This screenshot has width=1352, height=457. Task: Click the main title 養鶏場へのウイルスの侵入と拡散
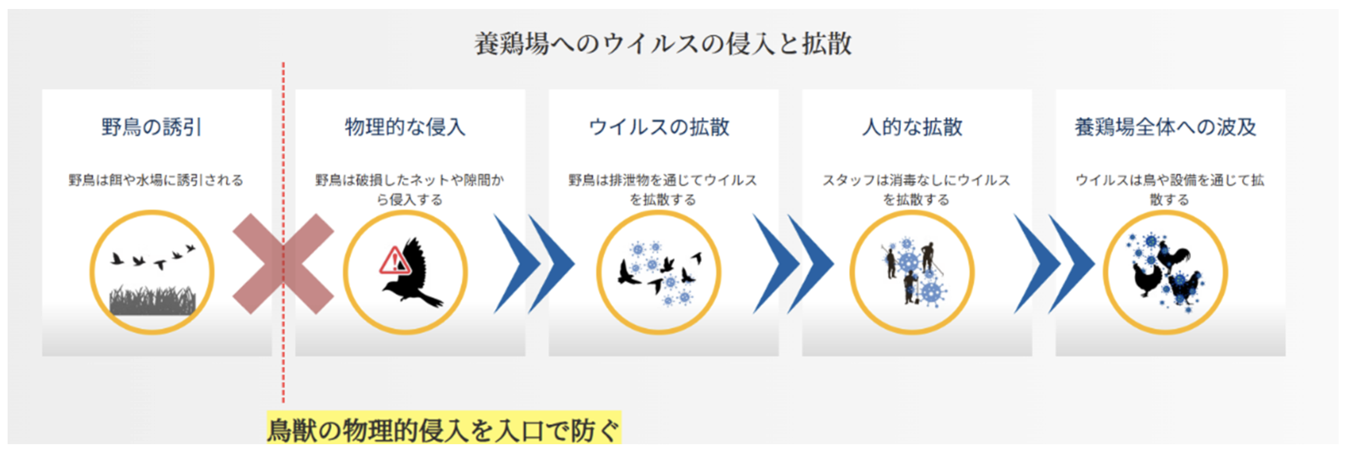pos(662,44)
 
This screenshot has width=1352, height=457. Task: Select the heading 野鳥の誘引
pos(151,127)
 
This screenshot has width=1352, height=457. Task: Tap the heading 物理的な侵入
pos(404,127)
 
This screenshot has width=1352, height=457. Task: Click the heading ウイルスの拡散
pos(659,127)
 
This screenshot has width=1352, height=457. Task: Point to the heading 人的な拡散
pos(912,127)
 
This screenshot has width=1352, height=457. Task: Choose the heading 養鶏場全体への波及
pos(1165,127)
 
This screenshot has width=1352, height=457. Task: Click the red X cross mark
pos(283,264)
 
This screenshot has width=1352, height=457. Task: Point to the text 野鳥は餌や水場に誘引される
pos(156,180)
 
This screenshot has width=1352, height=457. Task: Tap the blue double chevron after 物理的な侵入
pos(534,264)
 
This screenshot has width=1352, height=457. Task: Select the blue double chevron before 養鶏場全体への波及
pos(1053,264)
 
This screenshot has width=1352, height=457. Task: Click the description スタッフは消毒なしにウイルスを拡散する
pos(916,190)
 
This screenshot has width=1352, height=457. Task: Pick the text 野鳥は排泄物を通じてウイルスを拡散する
pos(662,190)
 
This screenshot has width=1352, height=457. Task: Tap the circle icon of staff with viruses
pos(912,272)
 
